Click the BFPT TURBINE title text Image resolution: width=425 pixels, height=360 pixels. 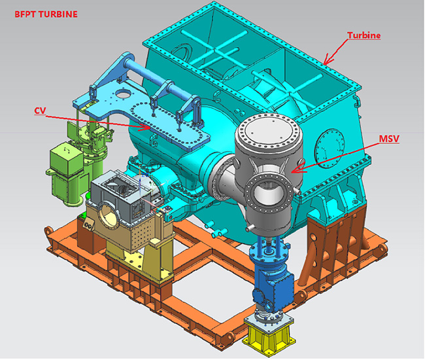(46, 14)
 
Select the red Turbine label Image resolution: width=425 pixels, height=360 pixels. (364, 35)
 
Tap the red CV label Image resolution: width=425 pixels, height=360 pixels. (40, 111)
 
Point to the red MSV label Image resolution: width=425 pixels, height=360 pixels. (389, 139)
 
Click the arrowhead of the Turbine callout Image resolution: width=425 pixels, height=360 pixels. (328, 61)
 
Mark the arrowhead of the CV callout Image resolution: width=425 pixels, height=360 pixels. (145, 127)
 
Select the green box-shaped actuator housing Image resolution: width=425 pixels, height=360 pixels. (66, 161)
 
